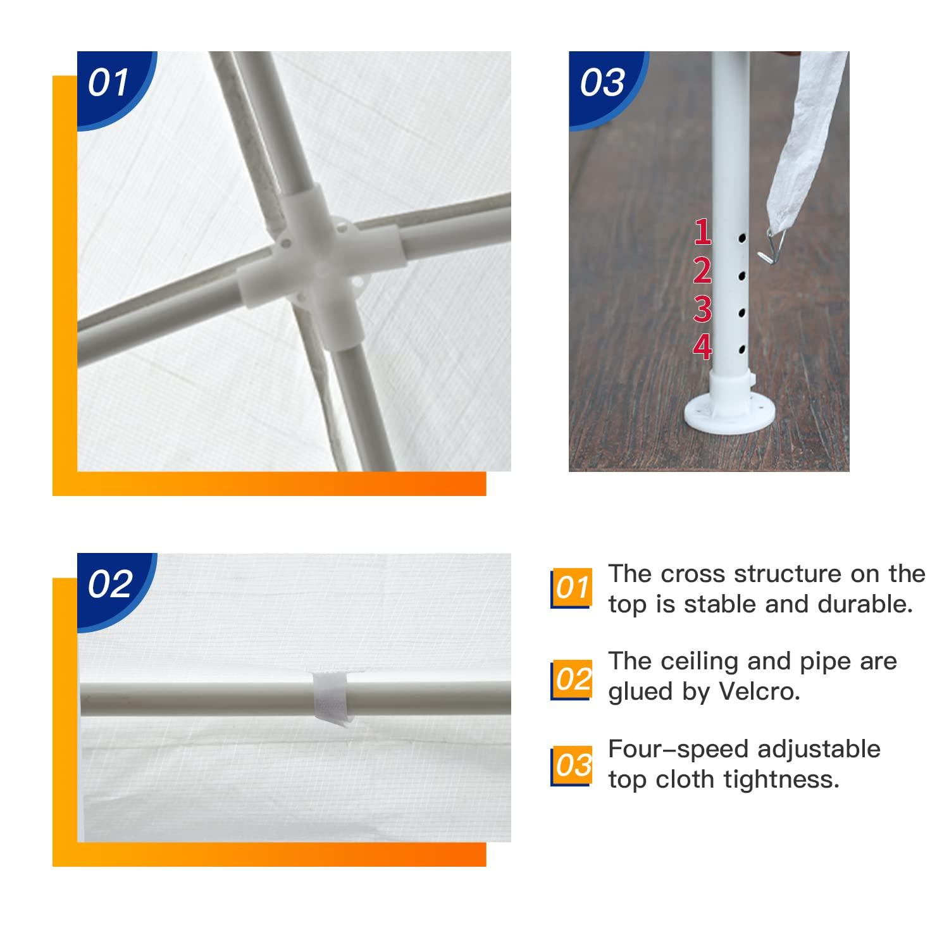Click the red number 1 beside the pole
703,232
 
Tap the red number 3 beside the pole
703,309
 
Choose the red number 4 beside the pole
703,347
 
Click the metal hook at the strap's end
769,247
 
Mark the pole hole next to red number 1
741,239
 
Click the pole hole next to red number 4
741,348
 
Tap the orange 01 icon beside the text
572,588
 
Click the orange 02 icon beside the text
572,679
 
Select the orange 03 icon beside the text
572,765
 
